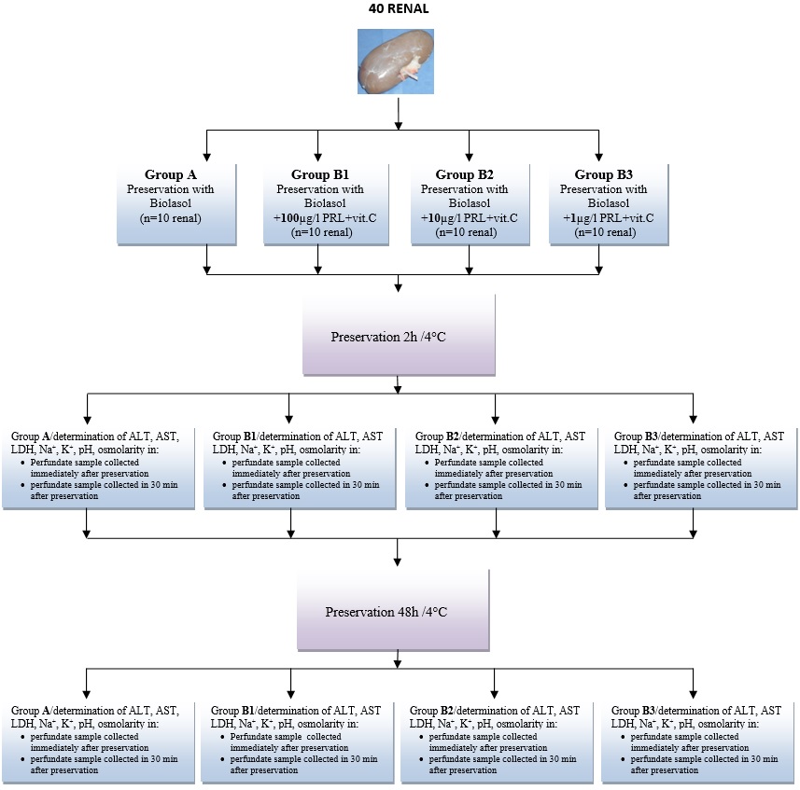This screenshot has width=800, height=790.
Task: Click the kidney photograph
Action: point(399,61)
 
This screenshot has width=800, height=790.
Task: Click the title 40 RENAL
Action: point(399,11)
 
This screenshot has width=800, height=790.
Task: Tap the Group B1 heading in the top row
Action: point(321,174)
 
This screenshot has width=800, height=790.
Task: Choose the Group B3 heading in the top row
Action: point(607,174)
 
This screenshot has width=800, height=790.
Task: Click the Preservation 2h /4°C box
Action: point(399,335)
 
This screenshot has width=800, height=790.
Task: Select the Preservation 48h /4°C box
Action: point(399,612)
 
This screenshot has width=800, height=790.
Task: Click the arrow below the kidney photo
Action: point(399,112)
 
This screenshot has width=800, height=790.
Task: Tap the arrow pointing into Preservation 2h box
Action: point(399,284)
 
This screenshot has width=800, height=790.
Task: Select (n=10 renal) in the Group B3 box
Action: point(607,232)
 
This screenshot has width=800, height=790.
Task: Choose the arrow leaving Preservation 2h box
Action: point(399,383)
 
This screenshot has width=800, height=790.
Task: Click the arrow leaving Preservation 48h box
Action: point(399,659)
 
